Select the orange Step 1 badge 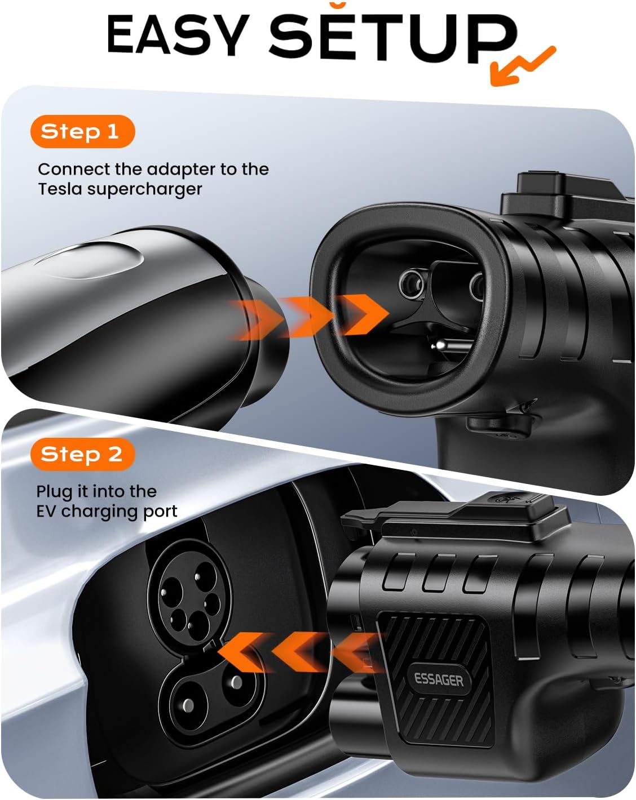pos(82,132)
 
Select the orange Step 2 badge pos(82,454)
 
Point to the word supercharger pos(144,190)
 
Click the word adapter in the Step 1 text pos(180,170)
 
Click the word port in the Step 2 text pos(162,513)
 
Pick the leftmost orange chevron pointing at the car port pos(242,652)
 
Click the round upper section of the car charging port pos(190,597)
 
